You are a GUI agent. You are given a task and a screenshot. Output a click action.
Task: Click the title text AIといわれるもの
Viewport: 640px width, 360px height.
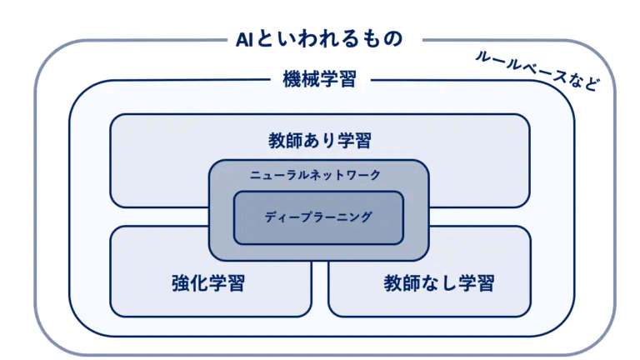point(320,38)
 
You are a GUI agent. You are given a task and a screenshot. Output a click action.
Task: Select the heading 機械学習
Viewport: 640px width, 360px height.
point(320,80)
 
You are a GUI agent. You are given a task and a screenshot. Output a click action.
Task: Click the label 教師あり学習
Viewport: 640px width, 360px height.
point(320,139)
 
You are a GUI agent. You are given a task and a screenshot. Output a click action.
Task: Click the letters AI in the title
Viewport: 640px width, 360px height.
point(245,38)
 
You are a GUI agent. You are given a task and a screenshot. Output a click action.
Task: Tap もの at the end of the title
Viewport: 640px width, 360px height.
point(384,38)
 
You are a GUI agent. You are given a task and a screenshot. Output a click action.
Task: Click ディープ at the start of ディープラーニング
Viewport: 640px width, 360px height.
point(287,216)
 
